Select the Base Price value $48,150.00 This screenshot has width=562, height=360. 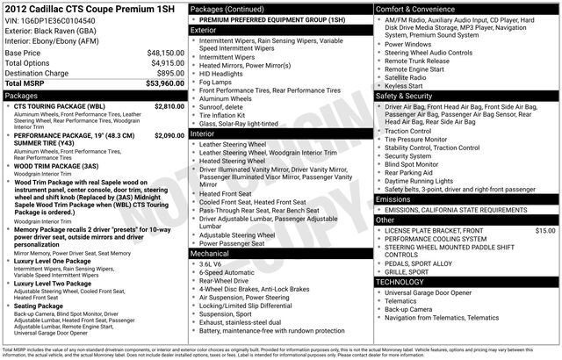coord(165,53)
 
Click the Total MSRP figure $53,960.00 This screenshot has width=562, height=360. coord(164,84)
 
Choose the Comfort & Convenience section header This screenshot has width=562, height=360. coord(414,8)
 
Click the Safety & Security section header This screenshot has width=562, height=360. coord(406,95)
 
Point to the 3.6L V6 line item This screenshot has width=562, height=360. coord(211,263)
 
